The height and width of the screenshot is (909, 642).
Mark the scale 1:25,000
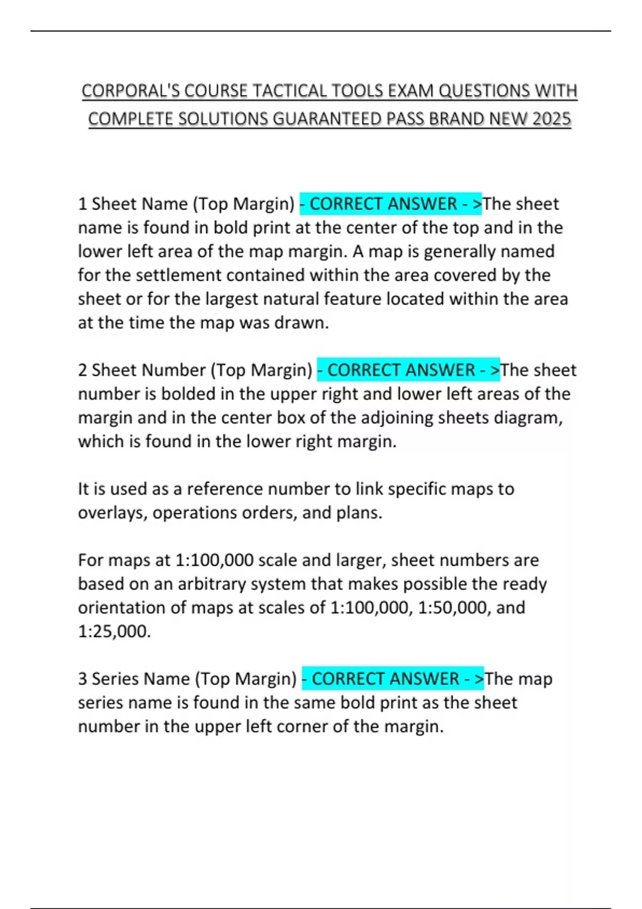tap(114, 631)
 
